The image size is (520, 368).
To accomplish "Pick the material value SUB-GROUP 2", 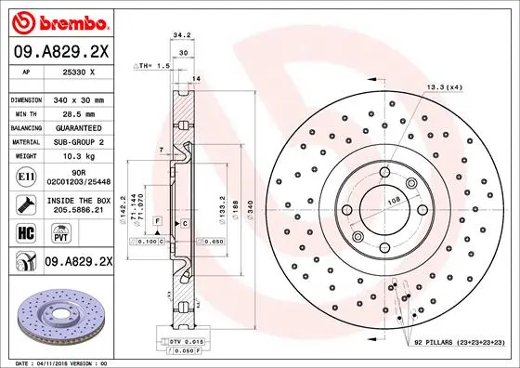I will (x=77, y=142).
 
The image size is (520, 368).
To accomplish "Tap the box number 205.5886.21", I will (x=77, y=210).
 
